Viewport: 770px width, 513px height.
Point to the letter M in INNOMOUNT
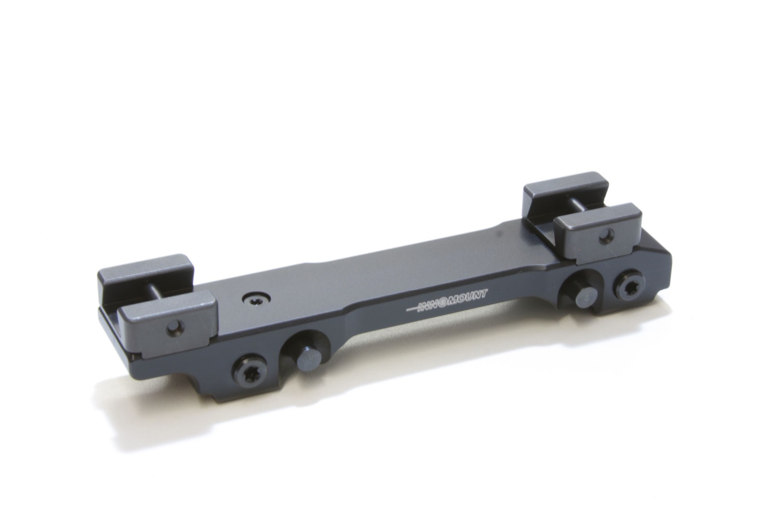coord(455,300)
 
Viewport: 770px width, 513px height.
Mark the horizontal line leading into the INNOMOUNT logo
coord(412,309)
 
